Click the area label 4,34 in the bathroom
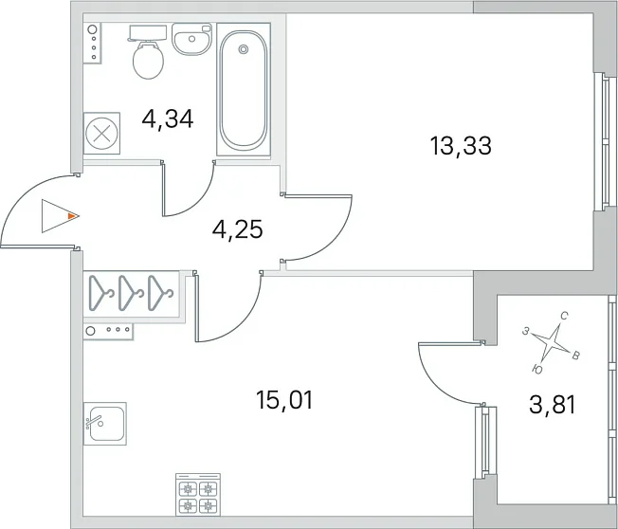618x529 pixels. (168, 119)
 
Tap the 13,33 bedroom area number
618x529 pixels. (462, 145)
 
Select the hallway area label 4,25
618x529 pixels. (237, 229)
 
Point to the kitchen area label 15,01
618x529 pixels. (284, 400)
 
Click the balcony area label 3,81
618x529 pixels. (553, 405)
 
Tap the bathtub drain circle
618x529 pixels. (244, 49)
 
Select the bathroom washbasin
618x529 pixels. (192, 39)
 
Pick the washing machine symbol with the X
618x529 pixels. (101, 134)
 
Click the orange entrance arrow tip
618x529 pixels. (79, 216)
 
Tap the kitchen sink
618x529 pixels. (105, 424)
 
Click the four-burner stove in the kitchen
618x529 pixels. (198, 495)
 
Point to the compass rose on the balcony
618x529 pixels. (550, 339)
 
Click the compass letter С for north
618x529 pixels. (564, 316)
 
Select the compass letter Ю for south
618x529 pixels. (536, 369)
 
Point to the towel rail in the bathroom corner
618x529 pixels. (93, 43)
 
